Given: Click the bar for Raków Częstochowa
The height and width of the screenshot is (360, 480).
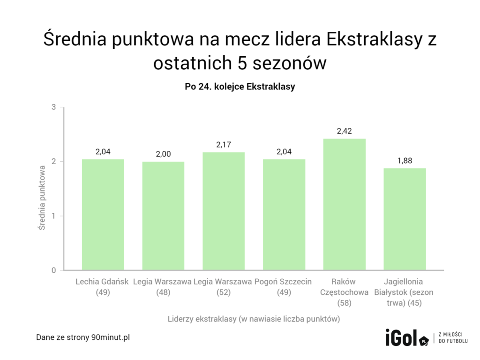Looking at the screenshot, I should [344, 204].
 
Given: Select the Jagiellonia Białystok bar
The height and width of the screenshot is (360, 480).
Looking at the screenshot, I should [405, 219].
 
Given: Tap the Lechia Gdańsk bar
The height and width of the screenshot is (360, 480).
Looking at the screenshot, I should [103, 215].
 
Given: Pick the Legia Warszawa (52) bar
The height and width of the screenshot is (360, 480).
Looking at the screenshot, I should [224, 211].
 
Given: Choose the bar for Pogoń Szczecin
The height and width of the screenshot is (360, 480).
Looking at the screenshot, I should [284, 215].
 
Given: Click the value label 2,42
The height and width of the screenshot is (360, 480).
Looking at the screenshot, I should [344, 131].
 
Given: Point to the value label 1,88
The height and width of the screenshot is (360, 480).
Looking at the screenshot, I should [405, 160].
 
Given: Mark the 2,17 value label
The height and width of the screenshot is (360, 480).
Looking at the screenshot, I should [224, 144].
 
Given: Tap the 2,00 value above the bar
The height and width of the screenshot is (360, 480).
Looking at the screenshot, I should [163, 154].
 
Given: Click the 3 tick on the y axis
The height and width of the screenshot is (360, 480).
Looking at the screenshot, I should [54, 107].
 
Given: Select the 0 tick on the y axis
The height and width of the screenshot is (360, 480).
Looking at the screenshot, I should [54, 270].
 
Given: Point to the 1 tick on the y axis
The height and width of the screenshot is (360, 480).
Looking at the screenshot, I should [54, 216].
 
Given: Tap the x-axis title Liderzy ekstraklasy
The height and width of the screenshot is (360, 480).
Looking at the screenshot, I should [254, 319].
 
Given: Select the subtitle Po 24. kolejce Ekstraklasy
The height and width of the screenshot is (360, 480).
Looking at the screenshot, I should [240, 87].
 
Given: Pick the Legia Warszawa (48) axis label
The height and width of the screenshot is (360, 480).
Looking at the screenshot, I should [163, 287].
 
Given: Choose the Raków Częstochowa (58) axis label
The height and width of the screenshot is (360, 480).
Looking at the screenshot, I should [344, 292].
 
